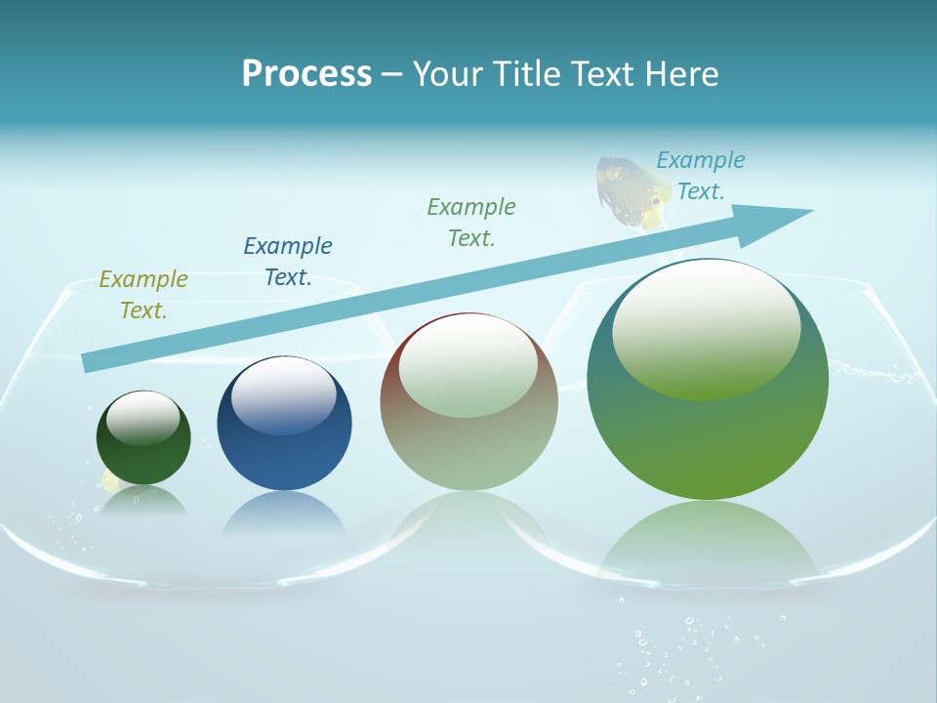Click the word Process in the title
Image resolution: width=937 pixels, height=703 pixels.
306,74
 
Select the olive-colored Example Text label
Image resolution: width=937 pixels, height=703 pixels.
143,295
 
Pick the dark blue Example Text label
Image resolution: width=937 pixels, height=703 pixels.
288,262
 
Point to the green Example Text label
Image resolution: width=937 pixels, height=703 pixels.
471,223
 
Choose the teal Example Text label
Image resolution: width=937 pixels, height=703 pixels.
700,176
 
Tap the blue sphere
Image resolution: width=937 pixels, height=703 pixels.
284,449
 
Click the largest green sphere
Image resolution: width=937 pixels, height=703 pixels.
708,439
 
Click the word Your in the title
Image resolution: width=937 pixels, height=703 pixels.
445,74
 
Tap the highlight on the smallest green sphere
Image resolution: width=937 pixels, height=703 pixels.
143,418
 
